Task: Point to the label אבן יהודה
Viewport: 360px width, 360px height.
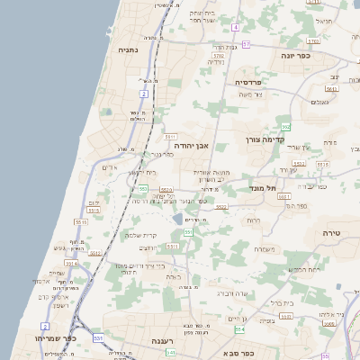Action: [x=191, y=144]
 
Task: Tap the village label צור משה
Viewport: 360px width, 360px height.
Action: [x=250, y=94]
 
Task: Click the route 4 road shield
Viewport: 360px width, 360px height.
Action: [x=235, y=28]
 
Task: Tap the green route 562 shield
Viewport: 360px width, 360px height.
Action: [x=285, y=127]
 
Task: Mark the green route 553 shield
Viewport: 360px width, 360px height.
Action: [x=143, y=188]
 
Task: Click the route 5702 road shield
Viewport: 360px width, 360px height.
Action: [x=219, y=56]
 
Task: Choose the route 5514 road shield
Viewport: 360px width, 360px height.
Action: [x=71, y=264]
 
